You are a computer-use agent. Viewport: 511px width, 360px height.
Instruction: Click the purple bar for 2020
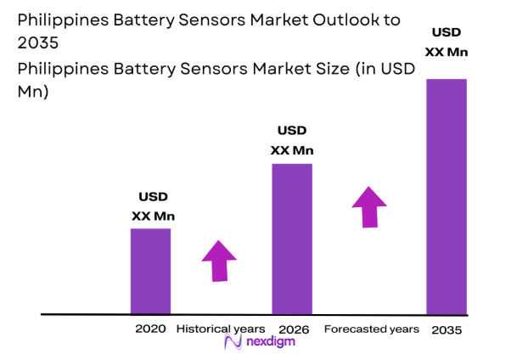150,271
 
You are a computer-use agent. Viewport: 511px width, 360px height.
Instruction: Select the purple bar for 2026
292,239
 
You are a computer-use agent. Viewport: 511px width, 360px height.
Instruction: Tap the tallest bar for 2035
446,196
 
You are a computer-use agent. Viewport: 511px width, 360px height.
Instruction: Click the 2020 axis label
149,329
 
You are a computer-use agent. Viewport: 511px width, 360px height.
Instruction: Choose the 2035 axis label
446,329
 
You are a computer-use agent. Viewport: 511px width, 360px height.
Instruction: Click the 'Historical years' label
221,329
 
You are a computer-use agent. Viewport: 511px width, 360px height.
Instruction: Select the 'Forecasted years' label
372,329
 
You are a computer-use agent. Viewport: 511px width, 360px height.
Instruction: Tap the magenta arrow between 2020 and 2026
219,260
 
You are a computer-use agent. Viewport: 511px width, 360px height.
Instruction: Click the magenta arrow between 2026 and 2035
368,205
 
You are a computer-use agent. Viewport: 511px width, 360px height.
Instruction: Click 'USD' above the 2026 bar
292,131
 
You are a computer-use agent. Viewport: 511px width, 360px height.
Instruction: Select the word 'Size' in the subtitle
272,71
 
